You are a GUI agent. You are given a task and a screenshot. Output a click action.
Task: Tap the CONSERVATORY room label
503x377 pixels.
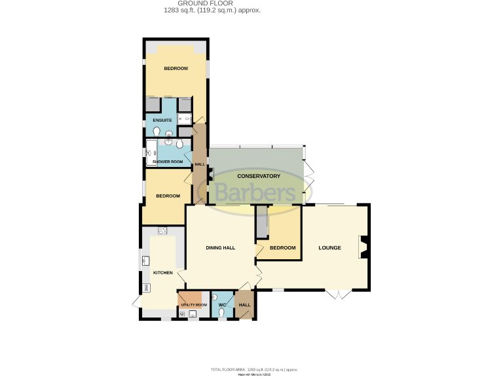coord(259,177)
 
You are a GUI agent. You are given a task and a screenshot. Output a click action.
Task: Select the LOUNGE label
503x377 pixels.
coord(329,248)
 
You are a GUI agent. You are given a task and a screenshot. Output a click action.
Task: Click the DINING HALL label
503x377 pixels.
coord(220,248)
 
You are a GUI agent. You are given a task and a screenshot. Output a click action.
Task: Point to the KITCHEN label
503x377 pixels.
coord(162,273)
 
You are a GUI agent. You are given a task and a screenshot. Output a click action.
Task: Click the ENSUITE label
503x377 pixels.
coord(162,120)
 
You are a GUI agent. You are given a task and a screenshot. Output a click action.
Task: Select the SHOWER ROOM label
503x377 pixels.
coord(168,162)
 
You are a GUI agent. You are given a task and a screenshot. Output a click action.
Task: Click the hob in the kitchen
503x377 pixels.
coord(162,230)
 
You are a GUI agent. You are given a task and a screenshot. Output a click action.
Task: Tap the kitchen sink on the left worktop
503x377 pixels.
coord(145,261)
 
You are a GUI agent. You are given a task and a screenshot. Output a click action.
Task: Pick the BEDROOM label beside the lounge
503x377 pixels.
coord(283,248)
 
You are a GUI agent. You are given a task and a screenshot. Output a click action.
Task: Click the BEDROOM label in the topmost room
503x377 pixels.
coord(176,69)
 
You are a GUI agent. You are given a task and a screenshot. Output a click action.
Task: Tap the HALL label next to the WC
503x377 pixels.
coord(244,305)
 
